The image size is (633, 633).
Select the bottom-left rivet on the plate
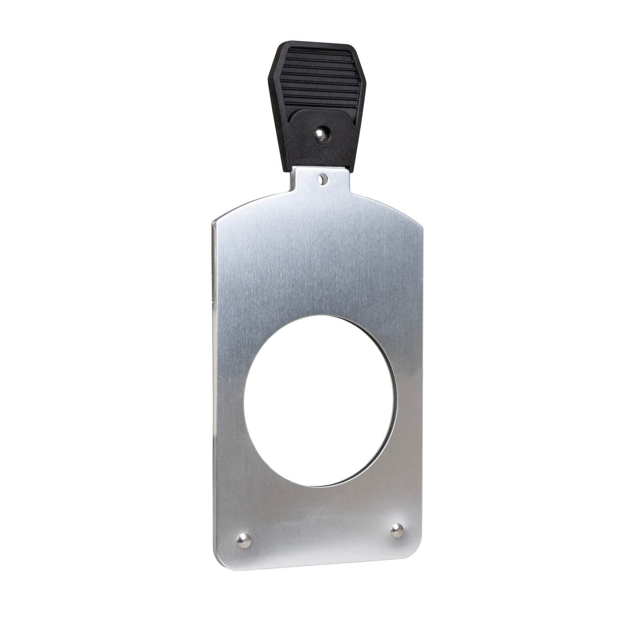pyautogui.click(x=244, y=540)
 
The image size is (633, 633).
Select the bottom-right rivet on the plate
pyautogui.click(x=397, y=530)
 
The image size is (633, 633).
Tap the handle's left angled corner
pyautogui.click(x=270, y=75)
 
